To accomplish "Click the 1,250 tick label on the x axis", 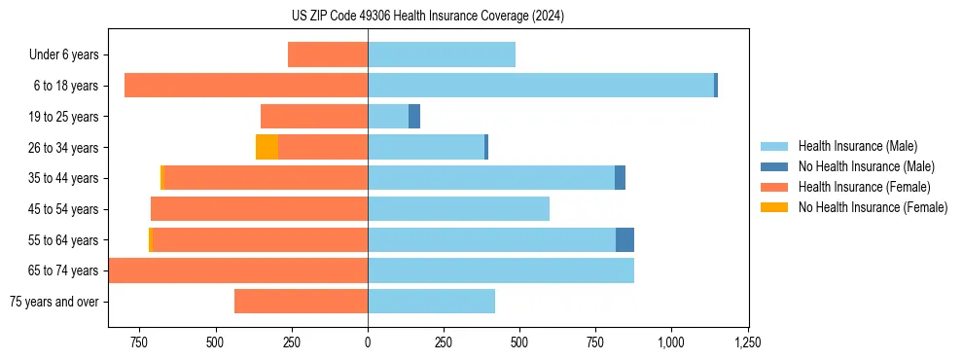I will (x=748, y=342).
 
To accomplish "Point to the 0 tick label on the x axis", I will (x=368, y=342).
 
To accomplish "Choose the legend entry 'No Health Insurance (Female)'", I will (x=873, y=207).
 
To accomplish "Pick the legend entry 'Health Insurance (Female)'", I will (x=865, y=187).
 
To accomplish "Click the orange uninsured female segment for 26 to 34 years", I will (x=267, y=147).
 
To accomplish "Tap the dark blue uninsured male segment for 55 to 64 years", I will (x=624, y=240).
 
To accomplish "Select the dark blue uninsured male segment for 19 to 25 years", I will (x=414, y=117).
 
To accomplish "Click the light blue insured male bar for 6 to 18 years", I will (x=540, y=86).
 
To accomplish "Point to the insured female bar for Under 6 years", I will (x=328, y=55).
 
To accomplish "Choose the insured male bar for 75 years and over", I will (x=431, y=302).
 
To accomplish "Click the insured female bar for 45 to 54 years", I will (x=259, y=209).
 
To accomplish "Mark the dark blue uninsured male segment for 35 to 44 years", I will (x=620, y=178).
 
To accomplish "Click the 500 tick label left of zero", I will (x=215, y=342).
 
